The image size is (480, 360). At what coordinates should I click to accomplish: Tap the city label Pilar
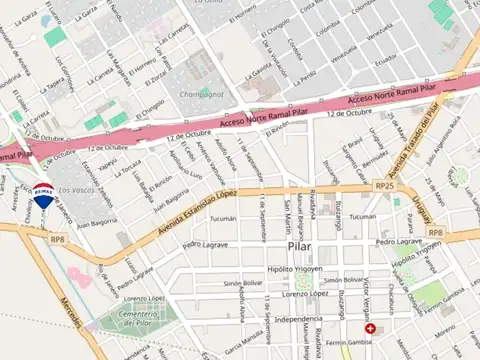point(300,244)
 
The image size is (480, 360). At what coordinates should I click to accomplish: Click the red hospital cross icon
point(371,328)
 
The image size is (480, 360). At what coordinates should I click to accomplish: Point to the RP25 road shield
point(384,186)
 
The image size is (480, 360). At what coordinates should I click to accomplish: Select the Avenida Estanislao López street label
point(200,210)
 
